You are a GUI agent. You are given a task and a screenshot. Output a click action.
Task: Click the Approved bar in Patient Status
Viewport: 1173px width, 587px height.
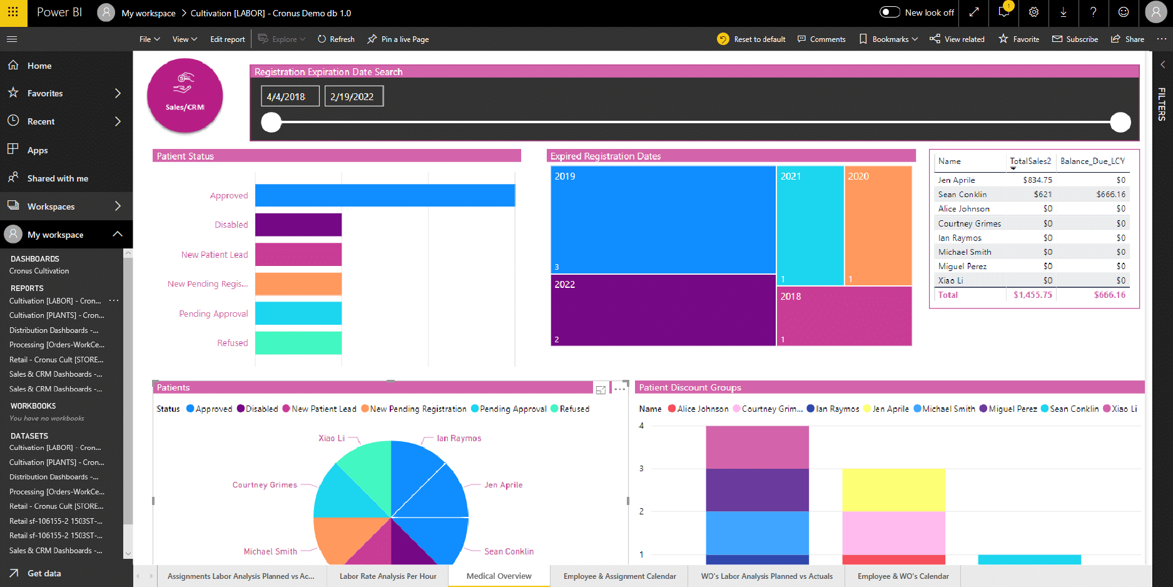point(385,195)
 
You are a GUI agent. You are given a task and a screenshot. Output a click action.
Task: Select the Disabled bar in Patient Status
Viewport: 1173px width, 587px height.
point(298,225)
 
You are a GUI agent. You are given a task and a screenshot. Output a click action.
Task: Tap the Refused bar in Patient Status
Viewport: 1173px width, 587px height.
point(298,343)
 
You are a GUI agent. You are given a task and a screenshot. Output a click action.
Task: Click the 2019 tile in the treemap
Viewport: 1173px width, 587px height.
point(663,219)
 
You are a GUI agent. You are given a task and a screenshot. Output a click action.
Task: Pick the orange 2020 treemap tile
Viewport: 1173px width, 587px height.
point(878,225)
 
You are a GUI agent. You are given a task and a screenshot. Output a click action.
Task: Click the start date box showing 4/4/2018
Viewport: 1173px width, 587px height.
point(290,96)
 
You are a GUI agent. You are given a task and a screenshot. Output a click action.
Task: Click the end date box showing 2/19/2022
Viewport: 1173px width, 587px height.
point(353,96)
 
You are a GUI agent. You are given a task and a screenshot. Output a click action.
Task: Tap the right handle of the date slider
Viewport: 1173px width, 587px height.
point(1120,122)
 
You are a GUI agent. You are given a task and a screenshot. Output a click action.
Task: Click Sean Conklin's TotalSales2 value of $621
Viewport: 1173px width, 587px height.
point(1042,195)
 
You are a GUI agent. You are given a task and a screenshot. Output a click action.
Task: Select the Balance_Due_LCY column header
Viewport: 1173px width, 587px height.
point(1092,161)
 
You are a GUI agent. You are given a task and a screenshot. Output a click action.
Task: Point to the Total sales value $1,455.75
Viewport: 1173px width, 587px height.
point(1032,295)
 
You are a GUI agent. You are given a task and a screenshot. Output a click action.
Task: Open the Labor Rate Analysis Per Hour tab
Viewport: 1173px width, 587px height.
point(388,576)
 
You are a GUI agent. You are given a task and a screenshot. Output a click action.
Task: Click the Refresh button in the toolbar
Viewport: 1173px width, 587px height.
point(336,39)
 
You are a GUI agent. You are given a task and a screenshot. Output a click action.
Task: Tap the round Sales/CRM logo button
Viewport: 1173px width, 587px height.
point(185,96)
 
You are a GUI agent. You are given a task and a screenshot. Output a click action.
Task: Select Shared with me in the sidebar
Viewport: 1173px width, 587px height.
point(58,178)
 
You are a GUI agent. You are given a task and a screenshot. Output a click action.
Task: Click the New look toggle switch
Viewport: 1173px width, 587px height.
point(890,13)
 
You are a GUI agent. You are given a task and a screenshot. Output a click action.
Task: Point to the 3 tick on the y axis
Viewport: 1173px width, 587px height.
point(641,469)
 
